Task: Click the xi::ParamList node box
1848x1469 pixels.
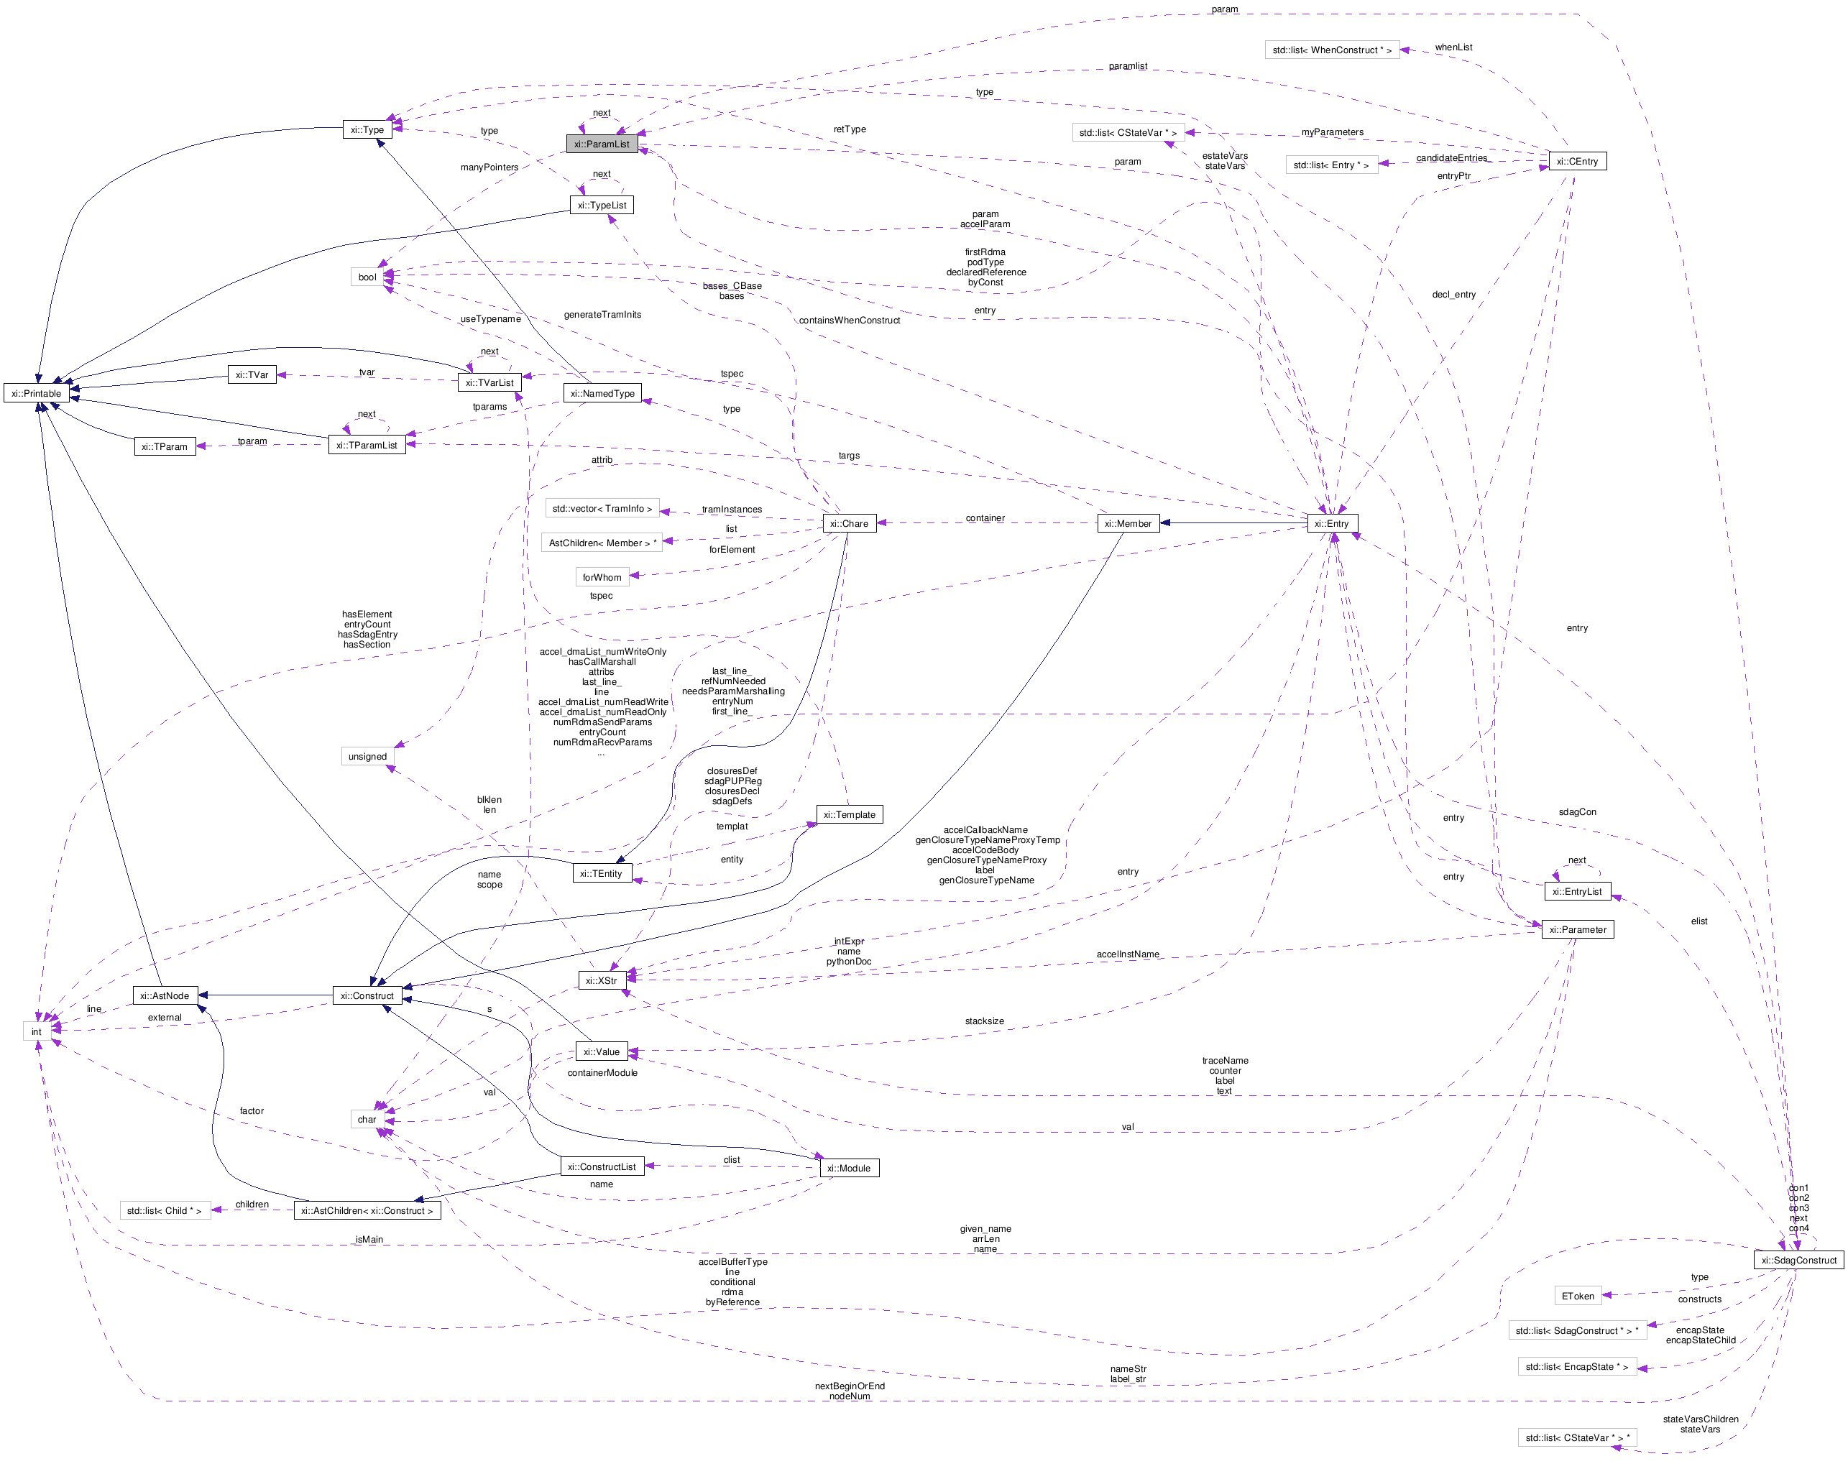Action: (601, 144)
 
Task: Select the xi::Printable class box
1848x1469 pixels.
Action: (36, 393)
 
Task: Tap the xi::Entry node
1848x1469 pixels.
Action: (1331, 524)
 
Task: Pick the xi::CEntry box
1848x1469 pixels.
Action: (1577, 161)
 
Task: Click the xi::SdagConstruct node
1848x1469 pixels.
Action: (1798, 1260)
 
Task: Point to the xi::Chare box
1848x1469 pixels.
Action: (849, 524)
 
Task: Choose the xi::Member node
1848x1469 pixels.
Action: (1128, 524)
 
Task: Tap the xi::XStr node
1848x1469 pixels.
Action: (601, 980)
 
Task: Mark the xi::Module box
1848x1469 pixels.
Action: (849, 1168)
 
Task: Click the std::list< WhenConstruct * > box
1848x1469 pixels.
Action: (1332, 50)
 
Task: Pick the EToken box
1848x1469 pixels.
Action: (1577, 1296)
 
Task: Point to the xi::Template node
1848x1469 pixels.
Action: (849, 815)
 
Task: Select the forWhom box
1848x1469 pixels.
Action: (602, 578)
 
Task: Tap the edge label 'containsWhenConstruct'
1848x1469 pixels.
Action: (850, 321)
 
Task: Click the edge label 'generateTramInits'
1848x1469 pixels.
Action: (602, 315)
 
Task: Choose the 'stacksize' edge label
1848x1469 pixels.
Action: (984, 1021)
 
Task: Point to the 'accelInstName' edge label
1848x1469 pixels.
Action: (1127, 954)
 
